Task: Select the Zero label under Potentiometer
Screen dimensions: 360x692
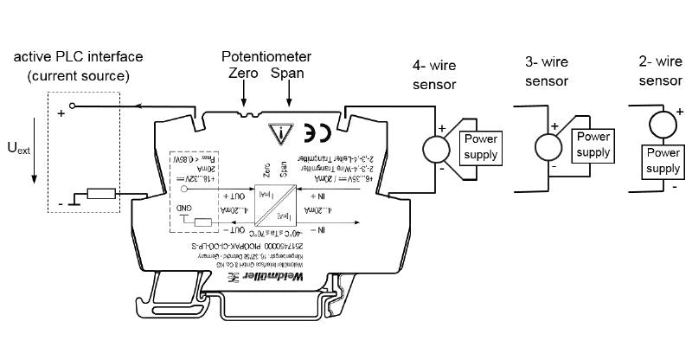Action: [244, 75]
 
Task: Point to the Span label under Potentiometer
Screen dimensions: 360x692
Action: [287, 75]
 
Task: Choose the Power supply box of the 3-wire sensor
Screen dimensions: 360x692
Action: [593, 145]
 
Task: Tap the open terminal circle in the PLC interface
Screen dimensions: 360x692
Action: [73, 108]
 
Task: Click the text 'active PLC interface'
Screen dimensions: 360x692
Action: [78, 57]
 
